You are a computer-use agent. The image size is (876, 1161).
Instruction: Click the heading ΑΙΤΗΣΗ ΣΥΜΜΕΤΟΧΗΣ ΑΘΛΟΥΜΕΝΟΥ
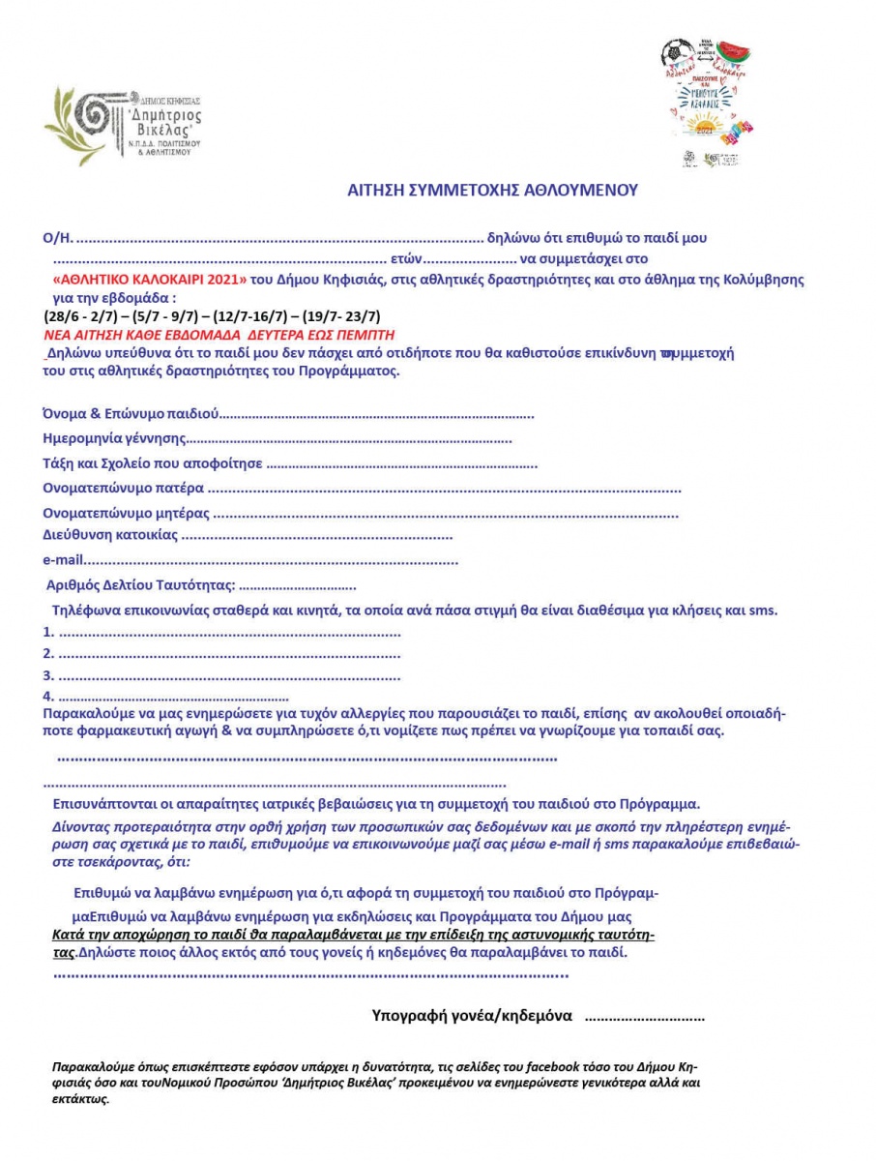click(x=492, y=191)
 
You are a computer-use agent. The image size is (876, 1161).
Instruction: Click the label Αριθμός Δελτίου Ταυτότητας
click(x=140, y=584)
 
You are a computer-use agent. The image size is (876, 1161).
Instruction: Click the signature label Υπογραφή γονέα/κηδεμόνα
click(x=473, y=1016)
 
